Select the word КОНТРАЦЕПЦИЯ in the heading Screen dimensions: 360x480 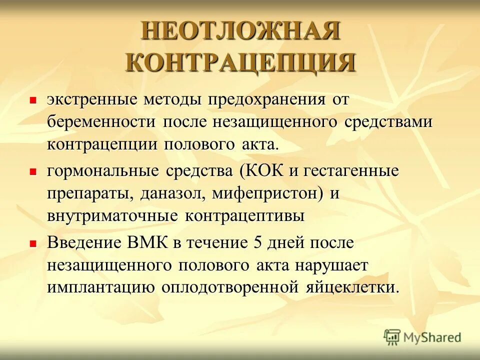click(x=240, y=63)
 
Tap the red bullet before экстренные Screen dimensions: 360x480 click(x=33, y=100)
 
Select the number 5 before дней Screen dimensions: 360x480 click(x=258, y=243)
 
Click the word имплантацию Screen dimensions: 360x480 click(x=100, y=288)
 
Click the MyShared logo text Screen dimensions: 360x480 click(x=432, y=337)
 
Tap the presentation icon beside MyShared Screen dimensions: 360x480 click(x=392, y=337)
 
